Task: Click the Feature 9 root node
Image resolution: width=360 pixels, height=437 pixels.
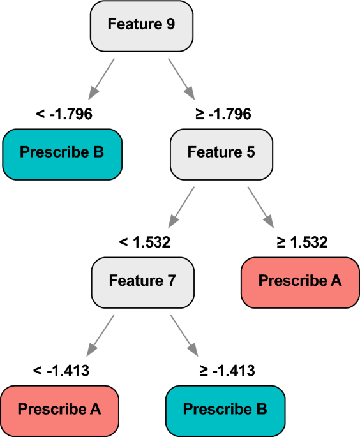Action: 142,26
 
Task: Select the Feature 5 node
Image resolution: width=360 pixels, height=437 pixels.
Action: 221,154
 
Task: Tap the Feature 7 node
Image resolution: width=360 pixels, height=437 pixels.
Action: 143,283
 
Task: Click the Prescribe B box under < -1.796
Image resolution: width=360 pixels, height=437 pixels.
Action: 63,154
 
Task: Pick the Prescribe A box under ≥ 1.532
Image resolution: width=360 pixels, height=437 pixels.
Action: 301,283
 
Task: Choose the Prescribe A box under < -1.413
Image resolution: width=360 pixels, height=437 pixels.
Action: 59,411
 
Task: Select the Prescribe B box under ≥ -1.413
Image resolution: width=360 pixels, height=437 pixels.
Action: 225,411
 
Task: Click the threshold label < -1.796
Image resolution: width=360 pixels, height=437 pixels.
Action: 64,114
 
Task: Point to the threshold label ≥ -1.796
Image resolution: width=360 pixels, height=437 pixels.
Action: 223,114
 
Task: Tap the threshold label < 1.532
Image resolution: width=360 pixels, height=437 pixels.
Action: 145,242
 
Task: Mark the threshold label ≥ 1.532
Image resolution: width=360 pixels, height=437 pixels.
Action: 302,242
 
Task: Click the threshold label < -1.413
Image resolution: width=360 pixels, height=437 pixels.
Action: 61,371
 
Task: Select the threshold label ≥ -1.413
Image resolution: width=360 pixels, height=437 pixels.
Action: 227,371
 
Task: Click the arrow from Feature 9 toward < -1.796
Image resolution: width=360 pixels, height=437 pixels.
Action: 101,79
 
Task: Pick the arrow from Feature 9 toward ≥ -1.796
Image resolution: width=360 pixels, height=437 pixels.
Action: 181,79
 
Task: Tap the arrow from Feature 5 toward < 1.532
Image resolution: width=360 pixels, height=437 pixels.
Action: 181,207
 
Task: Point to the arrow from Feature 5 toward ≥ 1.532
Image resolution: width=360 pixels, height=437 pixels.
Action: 261,207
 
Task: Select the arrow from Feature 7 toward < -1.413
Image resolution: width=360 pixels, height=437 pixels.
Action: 100,336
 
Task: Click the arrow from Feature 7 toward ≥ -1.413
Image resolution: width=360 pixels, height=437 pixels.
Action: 184,336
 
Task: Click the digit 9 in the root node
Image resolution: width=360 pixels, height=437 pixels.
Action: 170,24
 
